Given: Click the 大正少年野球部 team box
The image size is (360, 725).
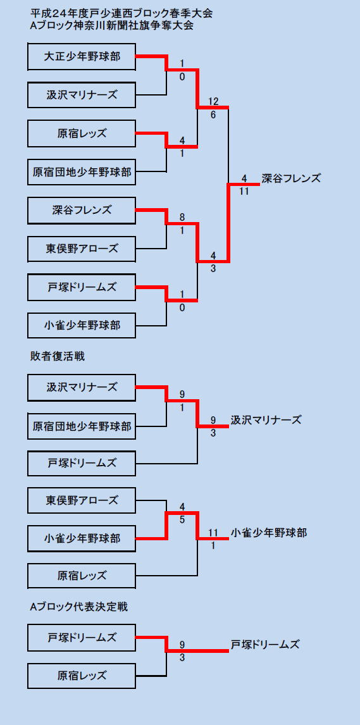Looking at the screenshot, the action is click(x=82, y=56).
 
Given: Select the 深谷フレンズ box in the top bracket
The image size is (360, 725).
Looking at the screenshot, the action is click(x=82, y=211).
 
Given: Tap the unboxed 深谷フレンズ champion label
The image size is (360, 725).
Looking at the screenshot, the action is click(x=291, y=178).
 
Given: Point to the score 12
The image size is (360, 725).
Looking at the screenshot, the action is click(x=213, y=101).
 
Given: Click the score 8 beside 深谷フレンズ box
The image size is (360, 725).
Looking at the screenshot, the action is click(x=182, y=217).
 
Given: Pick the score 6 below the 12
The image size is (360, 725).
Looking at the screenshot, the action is click(x=213, y=115).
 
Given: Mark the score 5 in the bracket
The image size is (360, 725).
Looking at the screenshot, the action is click(x=182, y=519).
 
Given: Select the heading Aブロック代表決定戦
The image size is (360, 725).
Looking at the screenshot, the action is click(x=78, y=607).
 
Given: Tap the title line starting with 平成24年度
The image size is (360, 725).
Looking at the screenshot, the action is click(x=121, y=13).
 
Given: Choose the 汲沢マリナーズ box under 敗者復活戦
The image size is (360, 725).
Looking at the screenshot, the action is click(x=82, y=387).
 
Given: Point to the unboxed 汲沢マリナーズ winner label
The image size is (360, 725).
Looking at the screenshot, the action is click(x=266, y=420).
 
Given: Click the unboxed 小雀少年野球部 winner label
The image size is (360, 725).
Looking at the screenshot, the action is click(x=268, y=533).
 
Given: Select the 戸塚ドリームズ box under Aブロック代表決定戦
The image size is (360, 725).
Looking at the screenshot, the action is click(x=82, y=638).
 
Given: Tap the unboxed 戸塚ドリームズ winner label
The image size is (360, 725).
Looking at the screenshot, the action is click(x=265, y=644).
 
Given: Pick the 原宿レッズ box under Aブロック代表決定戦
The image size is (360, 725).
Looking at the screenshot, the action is click(x=82, y=676).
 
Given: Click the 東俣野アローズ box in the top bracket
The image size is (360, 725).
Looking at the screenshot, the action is click(x=82, y=249).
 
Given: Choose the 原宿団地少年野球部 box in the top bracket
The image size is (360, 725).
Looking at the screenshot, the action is click(x=82, y=173).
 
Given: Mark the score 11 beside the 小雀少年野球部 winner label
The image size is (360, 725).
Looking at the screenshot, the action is click(x=213, y=531).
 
